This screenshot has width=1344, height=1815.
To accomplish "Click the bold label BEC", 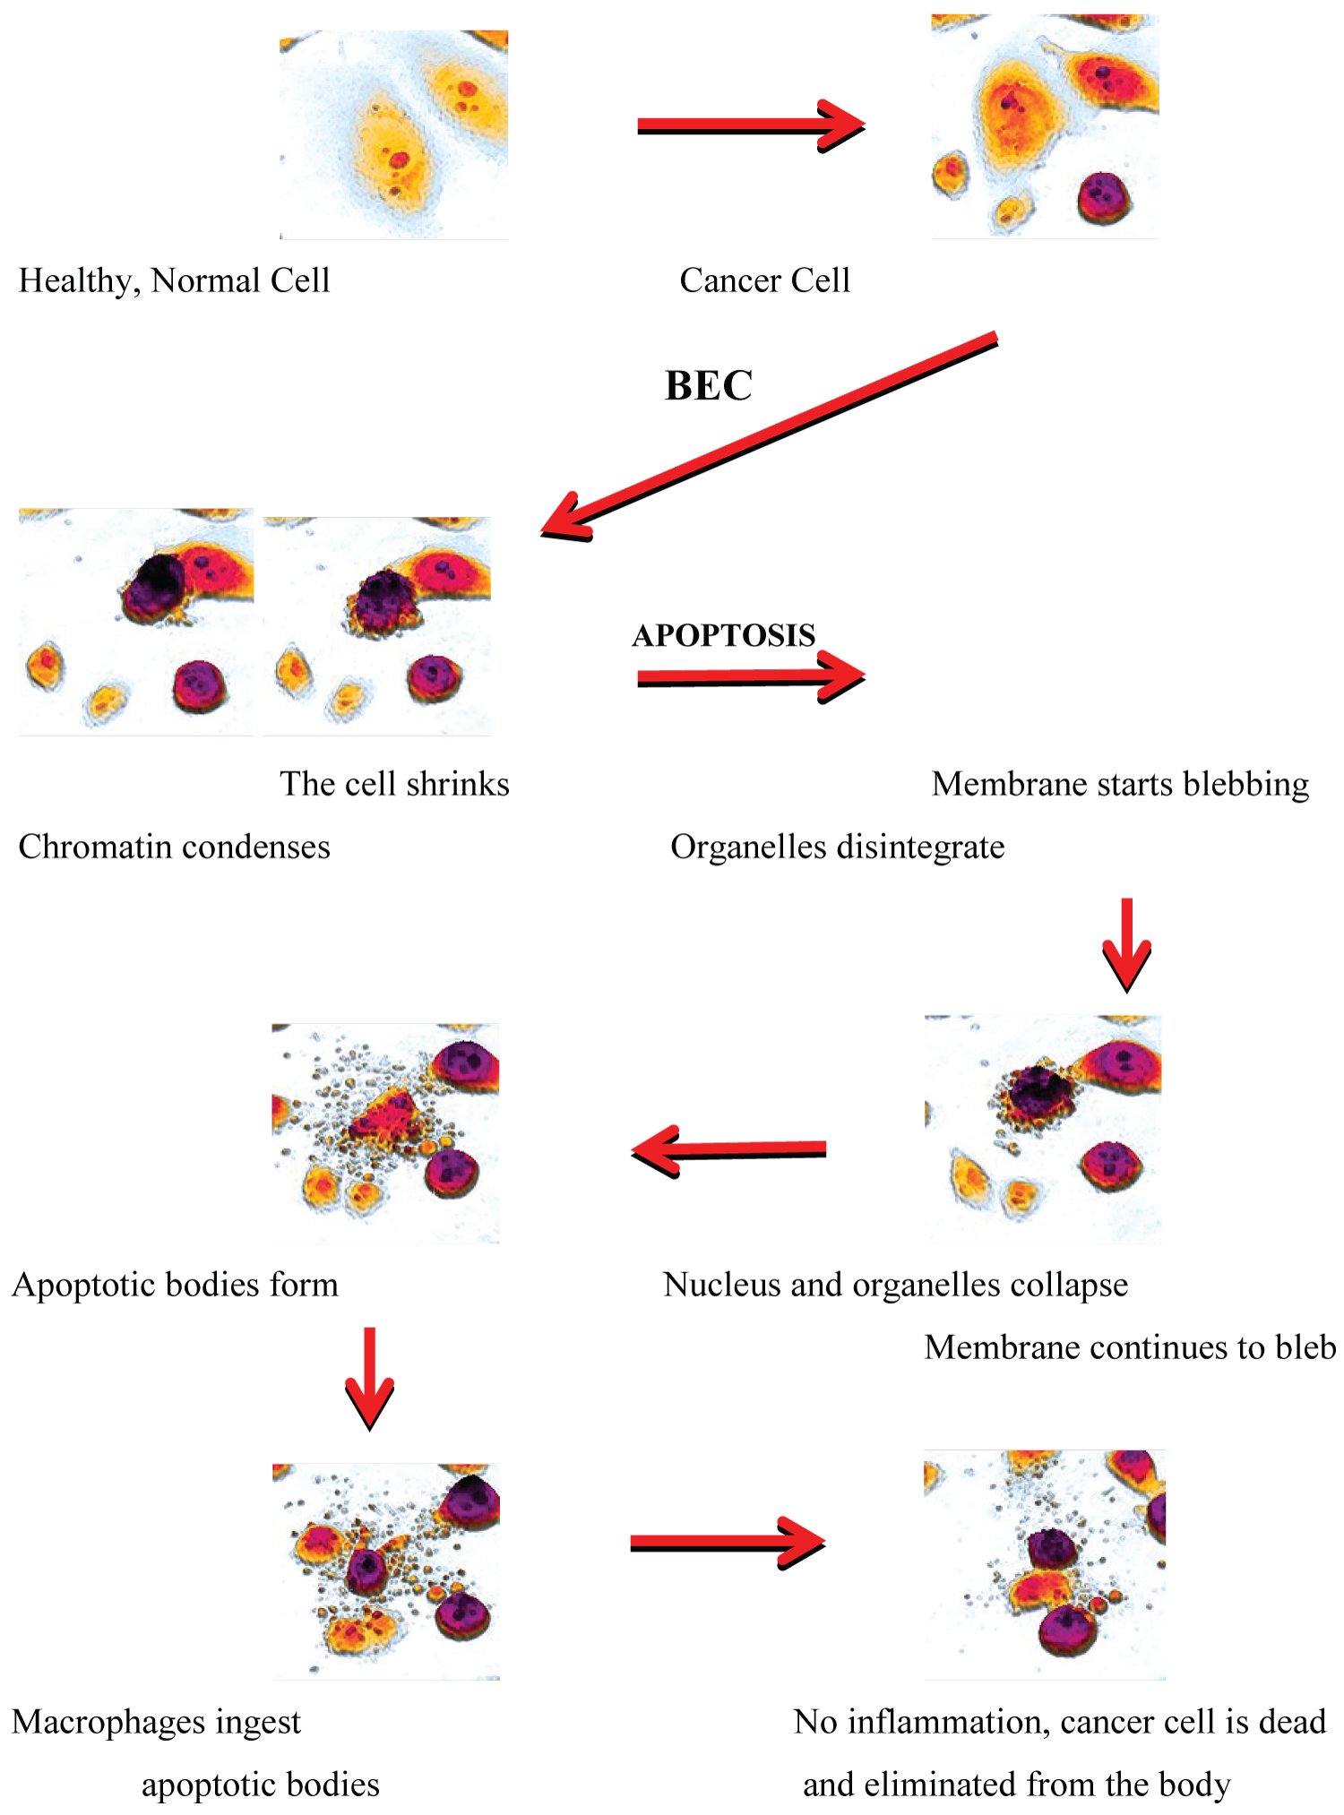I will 709,386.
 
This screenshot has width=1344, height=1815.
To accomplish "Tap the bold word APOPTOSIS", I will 724,635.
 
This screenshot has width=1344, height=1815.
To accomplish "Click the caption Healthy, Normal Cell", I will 175,281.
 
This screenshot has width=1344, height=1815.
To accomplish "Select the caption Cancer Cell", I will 764,281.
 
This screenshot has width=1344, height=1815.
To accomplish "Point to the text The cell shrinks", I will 394,785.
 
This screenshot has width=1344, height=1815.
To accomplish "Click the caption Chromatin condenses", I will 175,847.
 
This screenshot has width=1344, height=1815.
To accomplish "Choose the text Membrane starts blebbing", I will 1120,785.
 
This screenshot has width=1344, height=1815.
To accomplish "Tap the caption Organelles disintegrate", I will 838,847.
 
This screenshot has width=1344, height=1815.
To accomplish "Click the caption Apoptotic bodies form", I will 176,1286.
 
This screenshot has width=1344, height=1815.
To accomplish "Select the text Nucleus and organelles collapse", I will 895,1286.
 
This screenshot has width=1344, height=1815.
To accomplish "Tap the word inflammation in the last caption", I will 949,1723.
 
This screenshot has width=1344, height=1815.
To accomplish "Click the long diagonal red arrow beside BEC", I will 771,434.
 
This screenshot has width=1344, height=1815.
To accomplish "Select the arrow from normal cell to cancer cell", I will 751,126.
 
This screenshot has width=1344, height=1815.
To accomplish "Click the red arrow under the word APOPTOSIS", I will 751,677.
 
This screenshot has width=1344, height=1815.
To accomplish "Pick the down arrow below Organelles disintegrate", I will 1126,945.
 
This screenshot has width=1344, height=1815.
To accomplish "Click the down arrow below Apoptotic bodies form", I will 369,1378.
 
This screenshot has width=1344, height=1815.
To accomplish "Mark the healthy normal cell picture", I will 394,135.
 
